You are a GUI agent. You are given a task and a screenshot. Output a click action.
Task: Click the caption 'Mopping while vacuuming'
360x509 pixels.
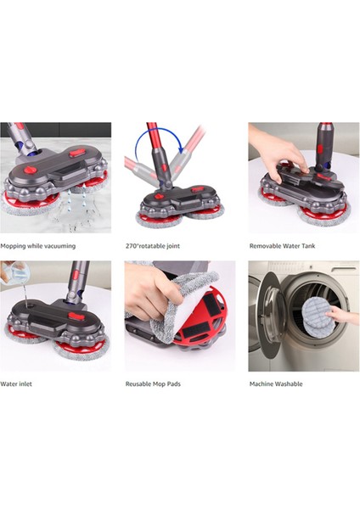tap(38, 246)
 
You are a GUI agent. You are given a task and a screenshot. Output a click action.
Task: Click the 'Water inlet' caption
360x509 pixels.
tap(18, 383)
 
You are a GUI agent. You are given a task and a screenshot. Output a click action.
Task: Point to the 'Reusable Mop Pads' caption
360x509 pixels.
tap(153, 383)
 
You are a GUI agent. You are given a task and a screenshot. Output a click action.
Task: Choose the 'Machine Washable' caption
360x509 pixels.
tap(276, 383)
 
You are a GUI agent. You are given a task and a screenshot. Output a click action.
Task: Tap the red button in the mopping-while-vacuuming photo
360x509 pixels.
tap(77, 154)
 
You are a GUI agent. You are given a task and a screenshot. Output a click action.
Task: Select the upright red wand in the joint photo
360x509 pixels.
tap(155, 153)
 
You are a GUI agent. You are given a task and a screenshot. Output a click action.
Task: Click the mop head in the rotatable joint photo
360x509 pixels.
tap(177, 204)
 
